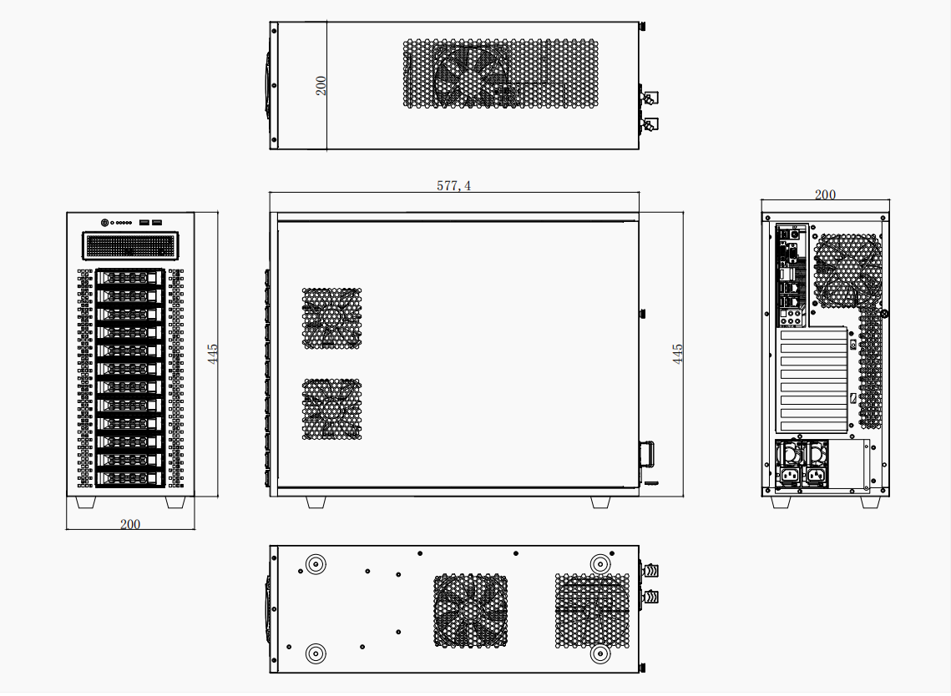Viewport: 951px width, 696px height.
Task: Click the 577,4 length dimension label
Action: pyautogui.click(x=453, y=185)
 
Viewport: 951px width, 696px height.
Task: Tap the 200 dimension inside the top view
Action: pyautogui.click(x=321, y=85)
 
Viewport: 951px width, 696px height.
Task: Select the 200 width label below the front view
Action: pyautogui.click(x=129, y=524)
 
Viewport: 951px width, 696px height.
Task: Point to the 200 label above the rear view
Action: pyautogui.click(x=825, y=194)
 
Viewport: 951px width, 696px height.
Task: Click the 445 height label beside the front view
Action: pyautogui.click(x=212, y=354)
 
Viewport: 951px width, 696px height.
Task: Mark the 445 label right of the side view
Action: pyautogui.click(x=677, y=354)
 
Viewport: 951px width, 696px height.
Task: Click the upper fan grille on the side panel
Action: pyautogui.click(x=331, y=318)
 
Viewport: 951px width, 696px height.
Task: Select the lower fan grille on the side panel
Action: pyautogui.click(x=331, y=409)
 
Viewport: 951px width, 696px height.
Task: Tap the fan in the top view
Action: pyautogui.click(x=471, y=75)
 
